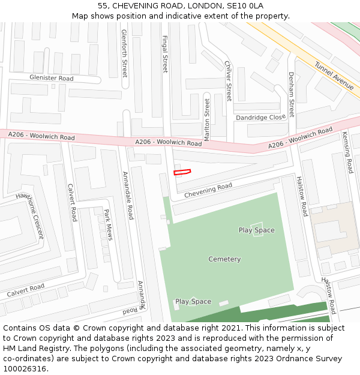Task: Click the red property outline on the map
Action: coord(182,172)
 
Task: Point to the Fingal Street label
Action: coord(165,53)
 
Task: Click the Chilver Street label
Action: coord(228,81)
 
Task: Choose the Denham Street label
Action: coord(291,94)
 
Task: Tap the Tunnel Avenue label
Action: coord(334,76)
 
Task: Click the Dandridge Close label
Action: coord(260,118)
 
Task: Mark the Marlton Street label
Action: coord(207,120)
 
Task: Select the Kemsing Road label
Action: coord(348,152)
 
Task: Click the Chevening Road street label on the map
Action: coord(208,191)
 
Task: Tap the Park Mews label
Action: coord(108,224)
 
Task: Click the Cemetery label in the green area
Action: coord(224,259)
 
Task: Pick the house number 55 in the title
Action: coord(102,5)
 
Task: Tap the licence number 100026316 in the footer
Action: coord(25,368)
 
